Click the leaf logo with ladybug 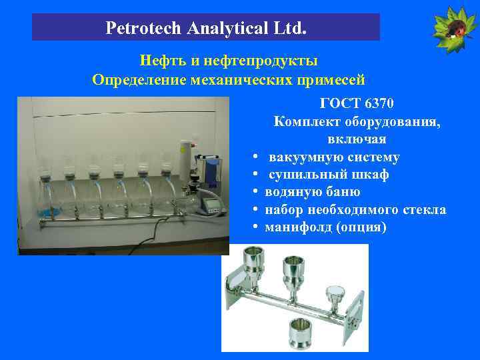[455, 28]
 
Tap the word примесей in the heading [330, 80]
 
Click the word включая [357, 139]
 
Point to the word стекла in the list [425, 209]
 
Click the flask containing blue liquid [43, 200]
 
